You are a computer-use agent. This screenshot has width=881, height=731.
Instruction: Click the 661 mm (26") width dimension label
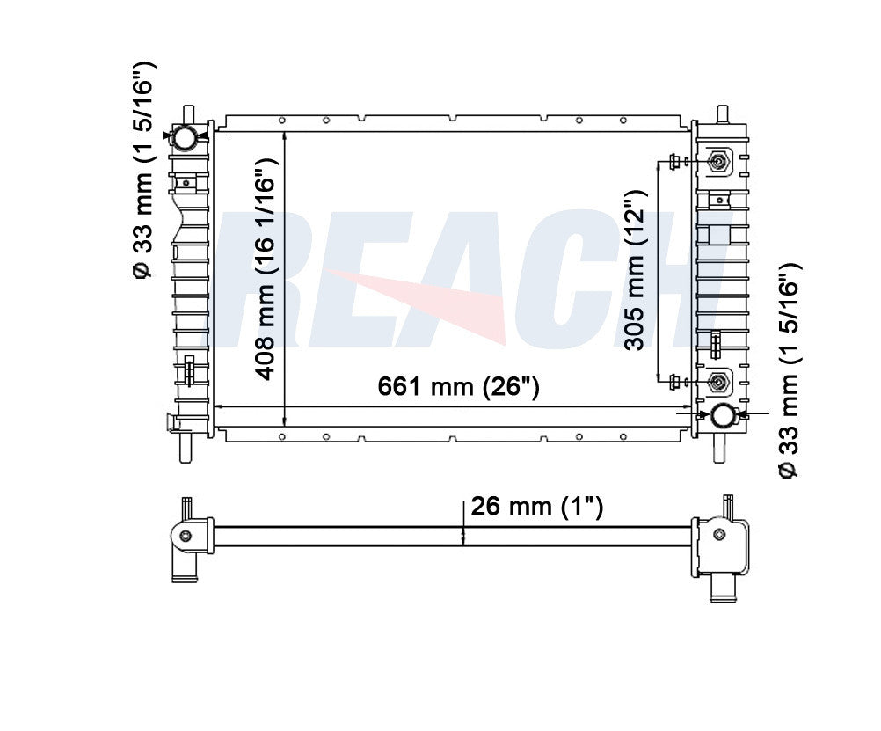(x=458, y=386)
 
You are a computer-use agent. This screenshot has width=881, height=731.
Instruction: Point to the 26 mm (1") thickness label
(x=536, y=506)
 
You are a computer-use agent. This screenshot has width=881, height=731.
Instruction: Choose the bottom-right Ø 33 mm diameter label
(x=789, y=371)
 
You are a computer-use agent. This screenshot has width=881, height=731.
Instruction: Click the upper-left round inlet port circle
(x=185, y=137)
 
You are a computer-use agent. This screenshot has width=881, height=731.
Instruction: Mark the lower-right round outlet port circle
(x=722, y=415)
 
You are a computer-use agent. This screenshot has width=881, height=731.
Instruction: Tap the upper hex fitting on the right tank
(x=717, y=163)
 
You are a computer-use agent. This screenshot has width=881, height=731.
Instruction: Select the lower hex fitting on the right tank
(x=717, y=383)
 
